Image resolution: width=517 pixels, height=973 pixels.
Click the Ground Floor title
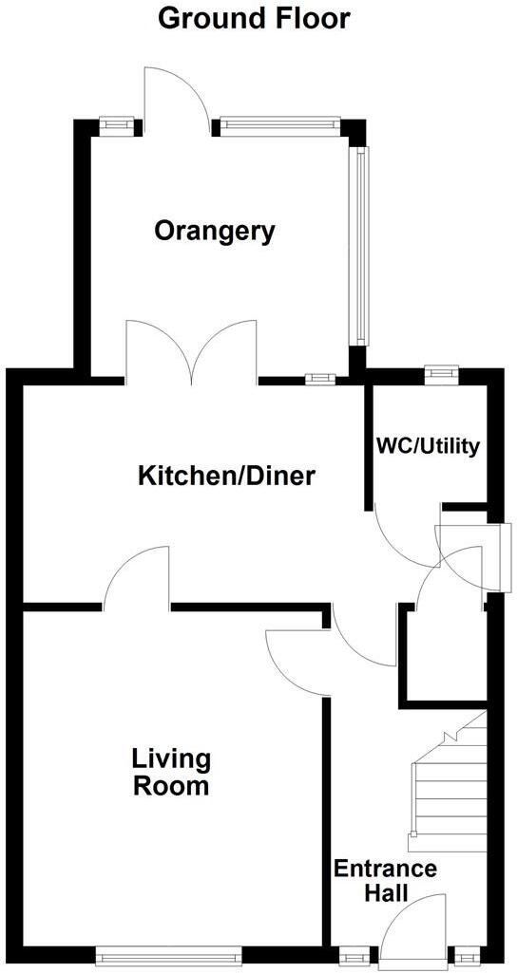point(254,19)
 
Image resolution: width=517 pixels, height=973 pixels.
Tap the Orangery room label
point(215,232)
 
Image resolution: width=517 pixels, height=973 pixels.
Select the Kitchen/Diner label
point(227,477)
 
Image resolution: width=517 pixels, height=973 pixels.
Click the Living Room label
point(171,772)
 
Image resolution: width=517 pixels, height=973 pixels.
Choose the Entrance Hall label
point(385,881)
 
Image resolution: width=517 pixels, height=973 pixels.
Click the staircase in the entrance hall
point(448,782)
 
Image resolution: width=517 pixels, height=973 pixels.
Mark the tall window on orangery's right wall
point(359,245)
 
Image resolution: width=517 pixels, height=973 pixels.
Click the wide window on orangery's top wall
point(279,126)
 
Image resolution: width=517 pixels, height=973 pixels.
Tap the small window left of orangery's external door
point(117,126)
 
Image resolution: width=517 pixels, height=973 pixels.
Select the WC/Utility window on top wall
point(441,375)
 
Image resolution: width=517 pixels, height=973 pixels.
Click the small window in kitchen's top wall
point(320,379)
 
